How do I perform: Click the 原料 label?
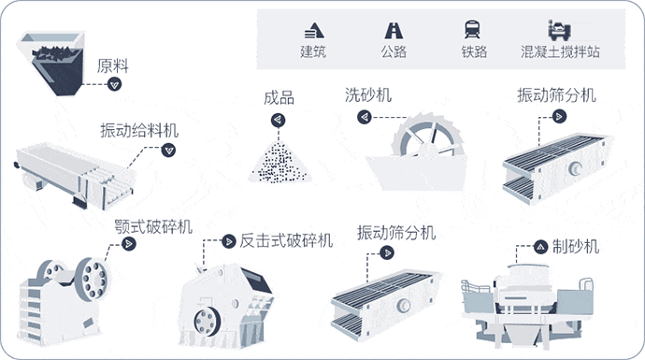coord(112,66)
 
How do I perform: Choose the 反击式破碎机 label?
coord(286,240)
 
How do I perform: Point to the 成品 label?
coord(279,98)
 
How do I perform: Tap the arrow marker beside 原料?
coord(115,84)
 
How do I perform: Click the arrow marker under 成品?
coord(278,119)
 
